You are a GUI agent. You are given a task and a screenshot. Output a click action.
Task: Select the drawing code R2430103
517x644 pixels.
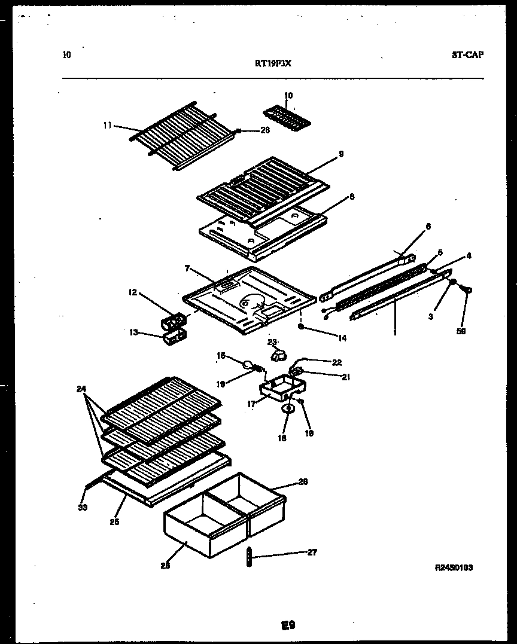tap(454, 567)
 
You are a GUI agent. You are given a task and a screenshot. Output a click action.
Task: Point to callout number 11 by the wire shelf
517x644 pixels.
tap(108, 126)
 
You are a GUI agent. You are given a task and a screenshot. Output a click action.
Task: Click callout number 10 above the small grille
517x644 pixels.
tap(288, 96)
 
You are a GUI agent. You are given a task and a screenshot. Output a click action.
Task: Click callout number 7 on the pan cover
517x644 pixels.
tap(187, 269)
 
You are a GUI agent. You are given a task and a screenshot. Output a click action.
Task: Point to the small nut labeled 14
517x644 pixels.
tap(302, 327)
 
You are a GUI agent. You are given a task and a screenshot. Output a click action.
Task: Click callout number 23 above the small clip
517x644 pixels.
tap(273, 342)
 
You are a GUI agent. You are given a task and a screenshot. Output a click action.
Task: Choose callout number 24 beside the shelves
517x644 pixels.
tap(81, 389)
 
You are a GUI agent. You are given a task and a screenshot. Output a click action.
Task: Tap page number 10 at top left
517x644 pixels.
tap(66, 55)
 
